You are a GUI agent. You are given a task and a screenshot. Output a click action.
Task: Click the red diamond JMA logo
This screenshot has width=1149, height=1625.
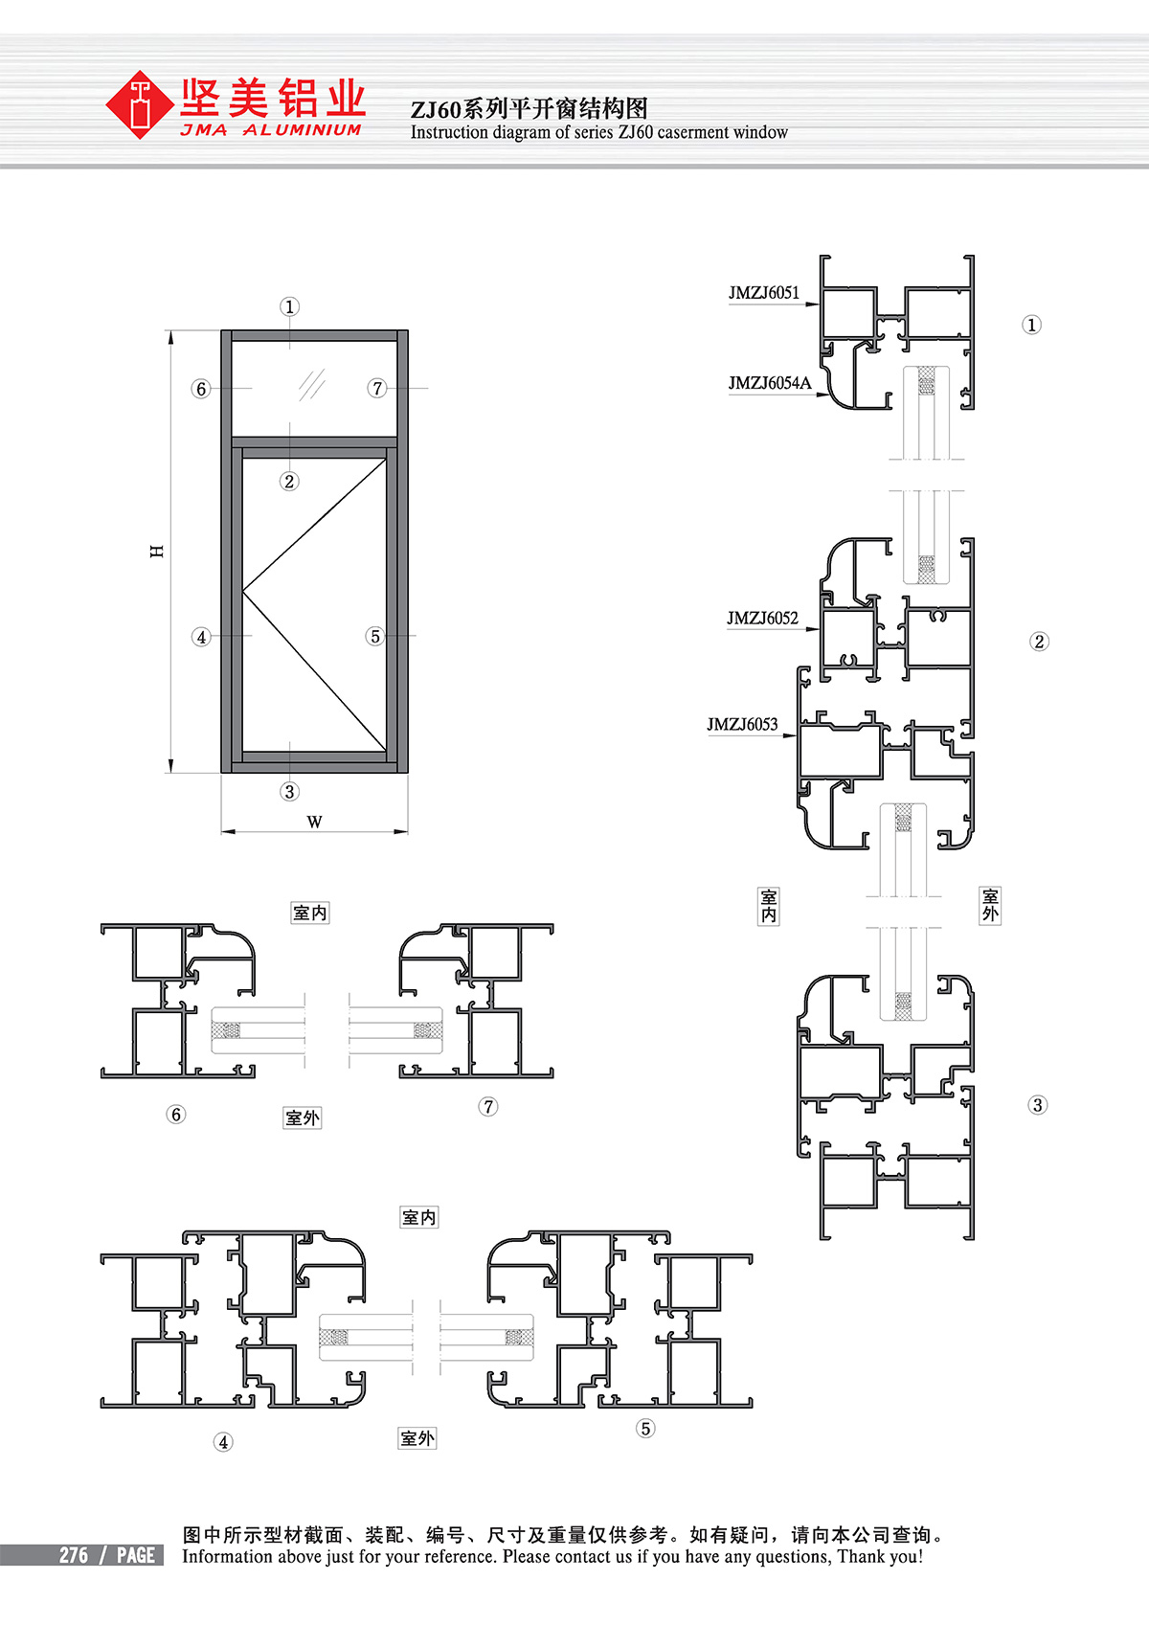tap(140, 104)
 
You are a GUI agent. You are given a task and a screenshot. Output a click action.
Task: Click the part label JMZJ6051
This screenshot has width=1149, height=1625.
tap(764, 293)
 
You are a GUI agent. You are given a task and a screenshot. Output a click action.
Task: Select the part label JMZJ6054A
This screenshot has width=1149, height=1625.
tap(770, 383)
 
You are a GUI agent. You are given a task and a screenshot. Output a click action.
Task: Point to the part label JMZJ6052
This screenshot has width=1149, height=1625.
tap(762, 618)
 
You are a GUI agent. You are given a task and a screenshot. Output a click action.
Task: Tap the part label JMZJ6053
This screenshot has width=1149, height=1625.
tap(742, 724)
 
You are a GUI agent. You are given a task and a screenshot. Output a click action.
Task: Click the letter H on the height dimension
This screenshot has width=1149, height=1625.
tap(157, 552)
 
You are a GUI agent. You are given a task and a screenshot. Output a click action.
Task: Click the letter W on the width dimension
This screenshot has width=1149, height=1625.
tap(314, 822)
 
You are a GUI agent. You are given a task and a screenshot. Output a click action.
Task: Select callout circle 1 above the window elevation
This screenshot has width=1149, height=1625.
tap(289, 306)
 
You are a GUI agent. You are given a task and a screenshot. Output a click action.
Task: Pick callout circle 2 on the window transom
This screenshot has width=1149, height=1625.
tap(289, 481)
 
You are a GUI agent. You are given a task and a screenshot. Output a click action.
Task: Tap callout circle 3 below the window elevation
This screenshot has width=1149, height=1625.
tap(289, 792)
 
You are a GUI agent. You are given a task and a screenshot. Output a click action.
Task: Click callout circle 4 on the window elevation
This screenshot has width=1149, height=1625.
tap(201, 637)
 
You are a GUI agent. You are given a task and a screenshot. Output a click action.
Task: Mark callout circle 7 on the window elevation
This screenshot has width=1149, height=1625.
tap(376, 388)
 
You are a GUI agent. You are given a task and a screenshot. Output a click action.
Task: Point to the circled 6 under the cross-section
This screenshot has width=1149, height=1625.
tap(175, 1114)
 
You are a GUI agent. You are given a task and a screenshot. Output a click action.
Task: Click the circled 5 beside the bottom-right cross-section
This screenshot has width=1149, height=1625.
tap(644, 1429)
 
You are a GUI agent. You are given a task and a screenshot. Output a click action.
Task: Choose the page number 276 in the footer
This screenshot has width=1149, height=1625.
tap(74, 1555)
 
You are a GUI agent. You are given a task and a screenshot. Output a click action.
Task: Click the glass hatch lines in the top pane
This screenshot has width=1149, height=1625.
tap(312, 385)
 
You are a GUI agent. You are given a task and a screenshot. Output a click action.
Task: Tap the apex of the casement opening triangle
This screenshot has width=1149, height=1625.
tap(243, 592)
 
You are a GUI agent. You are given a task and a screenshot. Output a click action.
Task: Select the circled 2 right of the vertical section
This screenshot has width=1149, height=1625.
tap(1039, 642)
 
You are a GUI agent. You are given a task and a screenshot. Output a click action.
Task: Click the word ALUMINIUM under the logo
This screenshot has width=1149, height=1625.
tap(302, 130)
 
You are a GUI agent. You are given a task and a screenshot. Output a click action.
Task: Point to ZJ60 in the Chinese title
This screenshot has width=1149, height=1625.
tap(436, 109)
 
